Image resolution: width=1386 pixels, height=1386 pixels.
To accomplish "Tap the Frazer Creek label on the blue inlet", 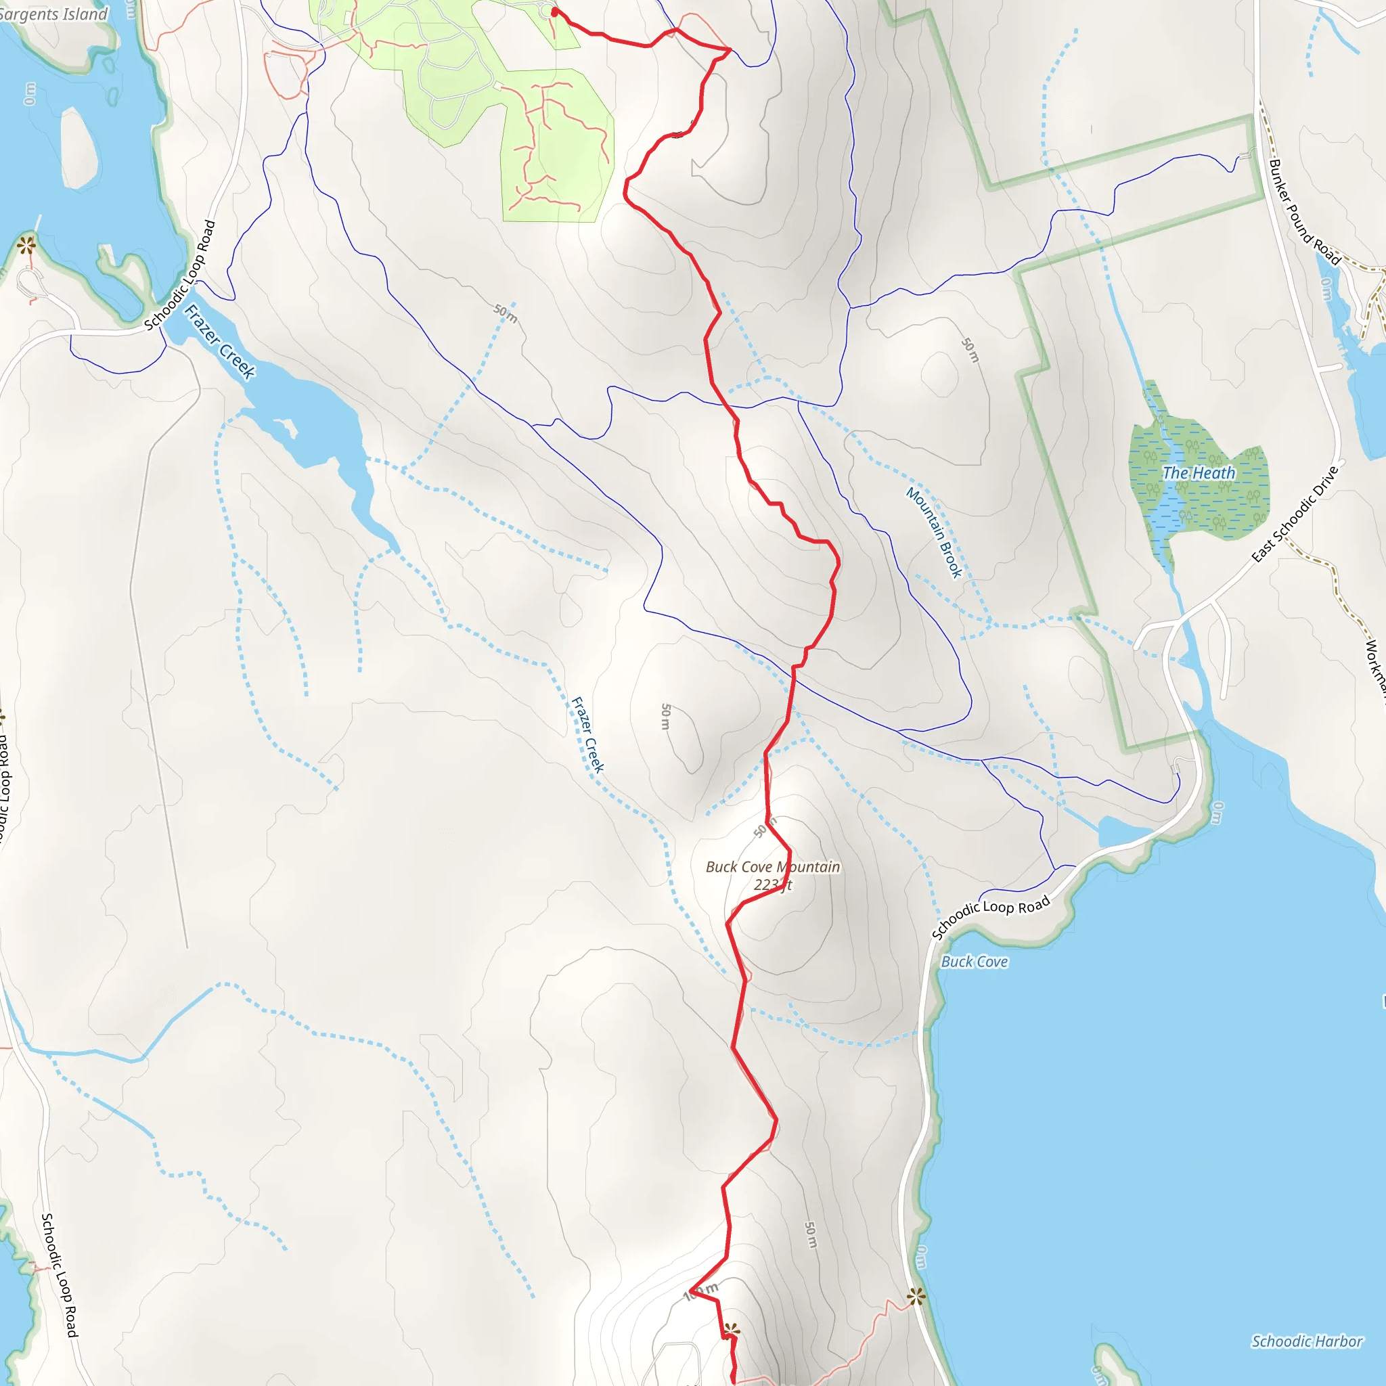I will (219, 342).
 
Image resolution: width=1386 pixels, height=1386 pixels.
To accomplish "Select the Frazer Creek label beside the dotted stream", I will (587, 734).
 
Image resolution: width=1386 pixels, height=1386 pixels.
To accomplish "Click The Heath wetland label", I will (1199, 473).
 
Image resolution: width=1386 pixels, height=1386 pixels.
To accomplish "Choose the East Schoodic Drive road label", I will (1295, 514).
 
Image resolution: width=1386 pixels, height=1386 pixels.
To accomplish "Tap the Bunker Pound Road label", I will (1304, 212).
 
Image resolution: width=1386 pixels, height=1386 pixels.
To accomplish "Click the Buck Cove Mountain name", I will (773, 867).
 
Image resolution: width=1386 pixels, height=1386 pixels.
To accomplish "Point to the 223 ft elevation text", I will (773, 885).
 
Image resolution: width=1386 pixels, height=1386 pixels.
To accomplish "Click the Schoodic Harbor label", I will (1306, 1341).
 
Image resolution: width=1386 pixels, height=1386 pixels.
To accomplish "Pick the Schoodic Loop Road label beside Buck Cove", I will (991, 916).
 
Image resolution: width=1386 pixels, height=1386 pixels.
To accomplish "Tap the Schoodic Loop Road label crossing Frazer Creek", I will (179, 275).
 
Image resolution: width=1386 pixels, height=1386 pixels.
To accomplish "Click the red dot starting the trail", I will (554, 12).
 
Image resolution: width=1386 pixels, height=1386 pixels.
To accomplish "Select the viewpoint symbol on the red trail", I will (731, 1331).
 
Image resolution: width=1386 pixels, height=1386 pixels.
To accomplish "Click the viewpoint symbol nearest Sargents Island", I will (26, 246).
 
